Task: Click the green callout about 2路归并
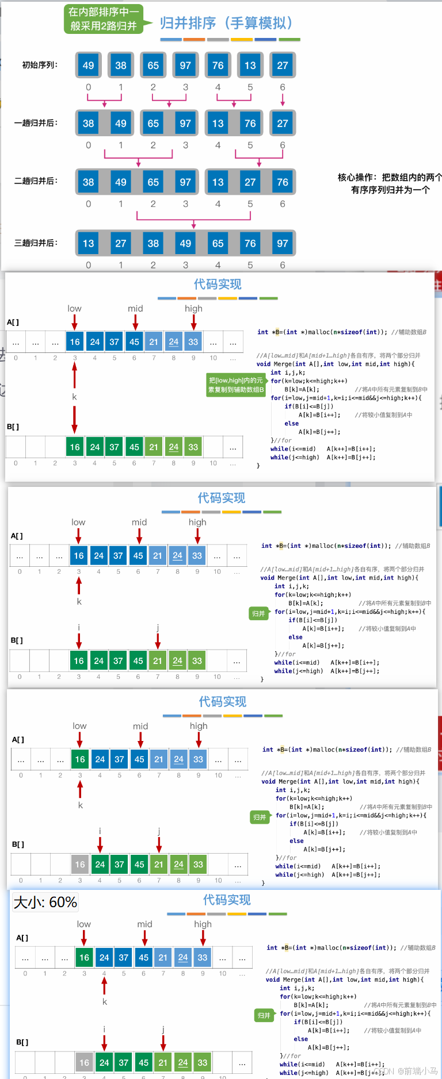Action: [104, 19]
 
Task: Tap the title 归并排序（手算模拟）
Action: [227, 23]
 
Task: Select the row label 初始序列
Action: [40, 65]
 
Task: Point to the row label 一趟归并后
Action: [36, 123]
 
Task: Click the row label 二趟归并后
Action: [36, 181]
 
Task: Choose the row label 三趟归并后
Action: [36, 243]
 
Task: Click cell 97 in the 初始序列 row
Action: [185, 66]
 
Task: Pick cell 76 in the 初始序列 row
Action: [218, 66]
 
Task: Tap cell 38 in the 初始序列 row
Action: [121, 66]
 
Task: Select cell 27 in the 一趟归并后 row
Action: [283, 124]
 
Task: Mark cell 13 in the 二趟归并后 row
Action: [218, 182]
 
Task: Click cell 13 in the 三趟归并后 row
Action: [88, 243]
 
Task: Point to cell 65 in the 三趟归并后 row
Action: [218, 243]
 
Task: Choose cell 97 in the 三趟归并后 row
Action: [283, 243]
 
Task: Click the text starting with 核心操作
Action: [390, 183]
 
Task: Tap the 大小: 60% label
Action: [45, 902]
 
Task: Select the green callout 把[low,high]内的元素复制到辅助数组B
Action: [236, 385]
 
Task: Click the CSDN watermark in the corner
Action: [405, 1071]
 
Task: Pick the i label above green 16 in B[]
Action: [79, 627]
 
